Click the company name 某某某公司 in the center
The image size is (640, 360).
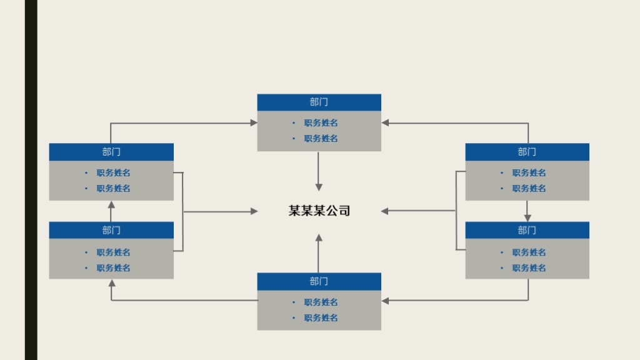click(319, 211)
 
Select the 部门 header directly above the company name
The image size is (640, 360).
click(319, 102)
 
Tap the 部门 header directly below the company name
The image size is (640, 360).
click(319, 281)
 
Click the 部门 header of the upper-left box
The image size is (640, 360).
click(111, 152)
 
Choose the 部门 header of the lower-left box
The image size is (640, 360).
click(111, 230)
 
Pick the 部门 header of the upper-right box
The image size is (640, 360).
click(527, 152)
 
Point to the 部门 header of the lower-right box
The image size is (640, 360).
click(527, 230)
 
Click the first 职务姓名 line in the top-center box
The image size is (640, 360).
click(321, 123)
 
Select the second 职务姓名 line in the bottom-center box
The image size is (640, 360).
click(321, 317)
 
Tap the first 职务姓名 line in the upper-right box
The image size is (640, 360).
click(529, 173)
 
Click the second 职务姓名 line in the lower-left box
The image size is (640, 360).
click(113, 268)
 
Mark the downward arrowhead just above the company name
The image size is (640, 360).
click(319, 187)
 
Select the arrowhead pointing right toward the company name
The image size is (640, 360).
click(254, 211)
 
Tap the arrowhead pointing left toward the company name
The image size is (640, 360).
click(385, 211)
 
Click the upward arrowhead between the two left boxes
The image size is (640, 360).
click(111, 204)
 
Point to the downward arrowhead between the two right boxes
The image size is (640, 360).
click(527, 218)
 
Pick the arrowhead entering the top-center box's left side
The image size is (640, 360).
click(254, 123)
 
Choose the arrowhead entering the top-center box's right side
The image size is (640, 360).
click(385, 123)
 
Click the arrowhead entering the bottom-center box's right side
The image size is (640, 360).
click(385, 301)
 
